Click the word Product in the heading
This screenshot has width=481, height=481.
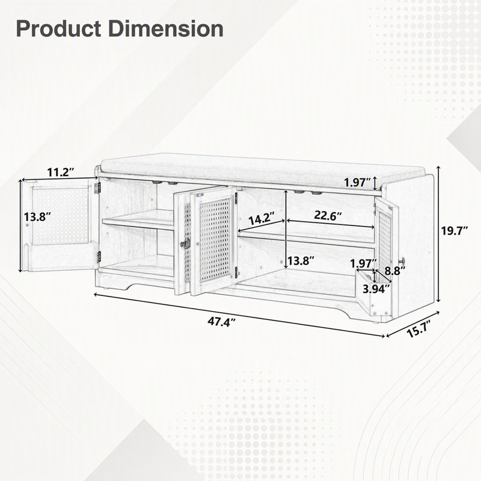coord(58,29)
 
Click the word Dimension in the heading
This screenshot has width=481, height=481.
coord(166,29)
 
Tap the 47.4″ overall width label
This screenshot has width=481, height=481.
coord(221,322)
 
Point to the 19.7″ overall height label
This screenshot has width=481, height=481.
coord(455,230)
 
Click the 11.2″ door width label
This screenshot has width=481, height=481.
coord(61,172)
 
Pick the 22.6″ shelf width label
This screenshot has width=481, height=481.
coord(328,215)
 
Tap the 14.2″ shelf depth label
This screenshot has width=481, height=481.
coord(261,219)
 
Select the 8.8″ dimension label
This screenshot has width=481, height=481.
coord(395,271)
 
